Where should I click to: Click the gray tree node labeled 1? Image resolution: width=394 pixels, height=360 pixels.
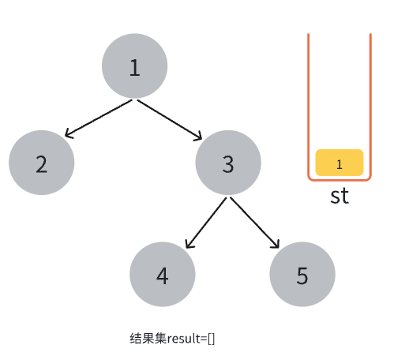coord(134,66)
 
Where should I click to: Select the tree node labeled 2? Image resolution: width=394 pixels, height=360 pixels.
coord(42,163)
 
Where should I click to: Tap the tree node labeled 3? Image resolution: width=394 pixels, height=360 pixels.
coord(228,163)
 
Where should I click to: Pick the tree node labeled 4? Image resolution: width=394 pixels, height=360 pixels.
coord(163,274)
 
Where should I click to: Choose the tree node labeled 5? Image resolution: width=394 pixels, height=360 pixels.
coord(302,274)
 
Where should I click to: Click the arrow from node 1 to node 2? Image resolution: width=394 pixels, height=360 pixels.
coord(98,118)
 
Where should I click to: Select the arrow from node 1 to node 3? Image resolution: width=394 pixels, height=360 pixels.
coord(170,120)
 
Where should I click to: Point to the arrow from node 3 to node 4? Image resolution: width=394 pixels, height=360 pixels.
coord(206,223)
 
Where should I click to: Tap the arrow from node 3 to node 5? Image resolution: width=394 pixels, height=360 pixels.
coord(255,223)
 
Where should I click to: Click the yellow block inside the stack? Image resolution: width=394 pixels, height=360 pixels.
coord(340,163)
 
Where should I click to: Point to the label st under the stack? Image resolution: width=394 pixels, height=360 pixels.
coord(340,196)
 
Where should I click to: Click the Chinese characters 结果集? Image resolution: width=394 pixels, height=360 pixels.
coord(148,339)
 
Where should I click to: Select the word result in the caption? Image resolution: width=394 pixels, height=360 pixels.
coord(184,339)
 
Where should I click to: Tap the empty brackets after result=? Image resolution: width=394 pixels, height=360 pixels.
coord(211,339)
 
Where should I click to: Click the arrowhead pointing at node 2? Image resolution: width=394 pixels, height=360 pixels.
coord(69,133)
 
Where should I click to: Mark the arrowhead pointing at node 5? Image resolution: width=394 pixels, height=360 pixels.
coord(276,245)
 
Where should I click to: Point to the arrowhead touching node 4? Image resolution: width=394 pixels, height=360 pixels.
coord(189,244)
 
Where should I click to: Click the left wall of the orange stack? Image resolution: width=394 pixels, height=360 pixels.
coord(309,105)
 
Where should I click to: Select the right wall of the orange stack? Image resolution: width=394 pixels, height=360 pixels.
coord(370,105)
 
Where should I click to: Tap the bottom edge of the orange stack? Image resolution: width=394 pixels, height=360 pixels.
coord(340,180)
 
